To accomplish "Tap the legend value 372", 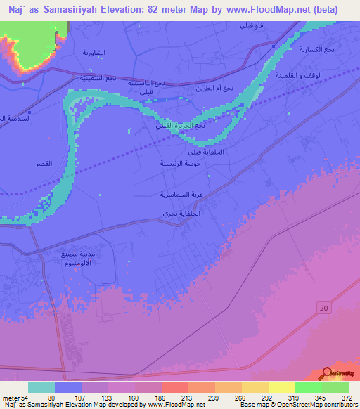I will click(346, 398).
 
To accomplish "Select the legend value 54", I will click(29, 398).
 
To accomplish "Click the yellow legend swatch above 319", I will click(281, 387).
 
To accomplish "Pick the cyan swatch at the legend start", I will click(41, 387).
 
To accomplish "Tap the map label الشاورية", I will click(96, 53).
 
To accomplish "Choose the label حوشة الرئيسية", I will click(179, 163).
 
